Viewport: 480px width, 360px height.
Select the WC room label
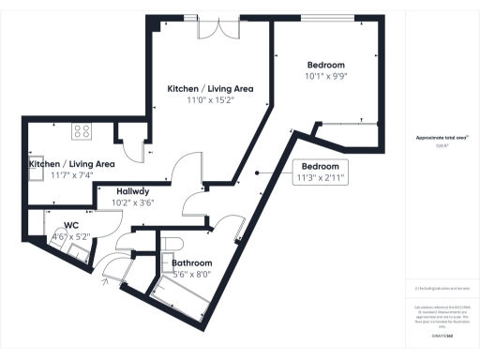pos(70,225)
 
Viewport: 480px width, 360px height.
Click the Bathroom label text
pos(192,263)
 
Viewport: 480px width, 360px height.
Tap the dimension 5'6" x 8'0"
pos(192,275)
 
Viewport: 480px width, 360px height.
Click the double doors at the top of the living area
pos(213,27)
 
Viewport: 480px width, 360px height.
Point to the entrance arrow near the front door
pos(103,279)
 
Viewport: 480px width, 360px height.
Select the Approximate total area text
pos(442,138)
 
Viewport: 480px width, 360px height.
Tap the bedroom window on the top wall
pos(327,19)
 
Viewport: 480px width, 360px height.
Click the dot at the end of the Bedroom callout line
pos(259,172)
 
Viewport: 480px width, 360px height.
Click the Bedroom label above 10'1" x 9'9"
pos(326,65)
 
